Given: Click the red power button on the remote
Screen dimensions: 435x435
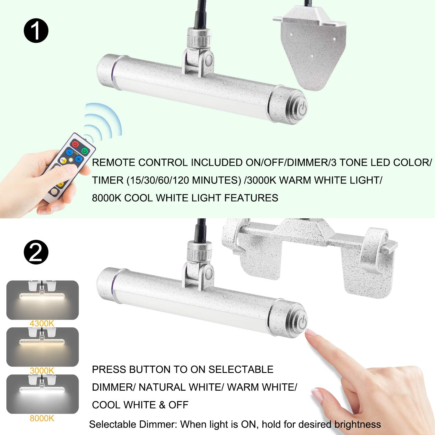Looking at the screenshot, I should [x=75, y=144].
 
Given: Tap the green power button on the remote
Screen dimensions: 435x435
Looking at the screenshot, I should [x=84, y=151].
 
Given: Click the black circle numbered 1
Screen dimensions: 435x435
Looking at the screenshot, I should [x=36, y=30].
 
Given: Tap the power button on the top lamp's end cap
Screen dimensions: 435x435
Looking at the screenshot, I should [x=302, y=110].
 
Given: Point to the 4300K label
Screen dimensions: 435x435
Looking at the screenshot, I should [x=42, y=323].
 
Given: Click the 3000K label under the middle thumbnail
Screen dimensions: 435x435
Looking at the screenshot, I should [x=42, y=371].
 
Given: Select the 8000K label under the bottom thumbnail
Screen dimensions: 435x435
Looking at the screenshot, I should [x=42, y=418].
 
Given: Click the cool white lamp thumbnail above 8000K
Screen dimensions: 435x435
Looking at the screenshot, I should [x=42, y=394].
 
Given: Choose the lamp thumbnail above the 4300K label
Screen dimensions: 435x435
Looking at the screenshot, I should [x=42, y=300].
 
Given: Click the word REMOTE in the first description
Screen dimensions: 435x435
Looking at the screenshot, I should [x=113, y=162].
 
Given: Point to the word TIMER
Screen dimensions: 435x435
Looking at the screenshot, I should [x=108, y=180].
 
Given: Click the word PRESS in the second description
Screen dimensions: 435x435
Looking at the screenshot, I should [x=109, y=369].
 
